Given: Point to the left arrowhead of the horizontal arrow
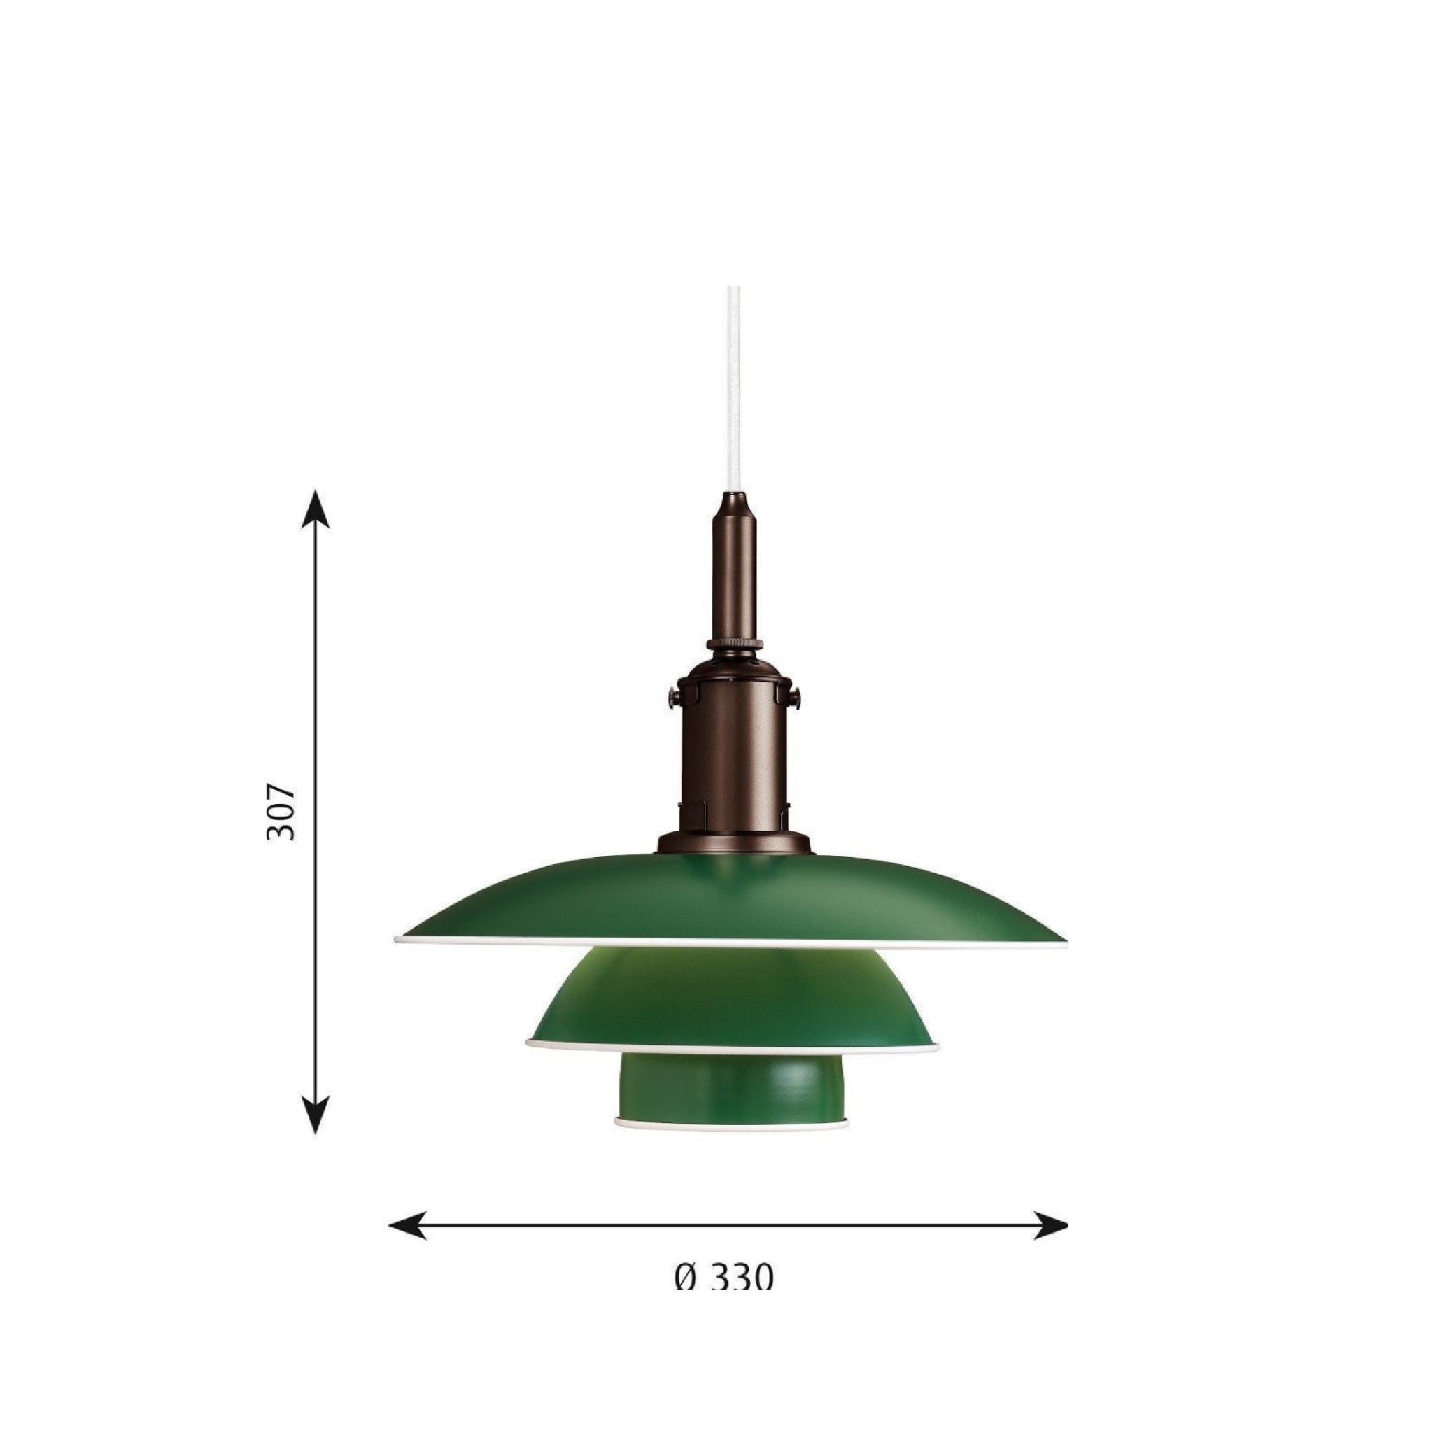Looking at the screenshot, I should [x=407, y=1225].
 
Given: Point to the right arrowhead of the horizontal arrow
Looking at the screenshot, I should [x=1050, y=1225].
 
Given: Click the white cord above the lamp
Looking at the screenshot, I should [x=733, y=386].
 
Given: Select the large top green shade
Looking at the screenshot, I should [x=730, y=901].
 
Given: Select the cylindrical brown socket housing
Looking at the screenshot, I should [x=733, y=749].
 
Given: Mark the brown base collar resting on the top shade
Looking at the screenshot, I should [x=733, y=842].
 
